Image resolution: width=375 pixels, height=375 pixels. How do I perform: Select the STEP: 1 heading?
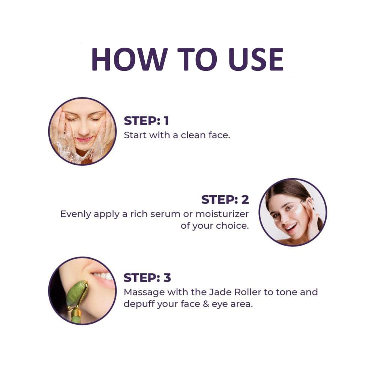coord(146,121)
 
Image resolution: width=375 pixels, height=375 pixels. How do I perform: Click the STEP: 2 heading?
coord(225,199)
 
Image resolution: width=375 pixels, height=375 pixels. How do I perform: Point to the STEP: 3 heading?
coord(147,278)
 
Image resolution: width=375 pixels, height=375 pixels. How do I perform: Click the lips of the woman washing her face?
coord(85,139)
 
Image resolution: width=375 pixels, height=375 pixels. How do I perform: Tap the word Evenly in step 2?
coord(75,214)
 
